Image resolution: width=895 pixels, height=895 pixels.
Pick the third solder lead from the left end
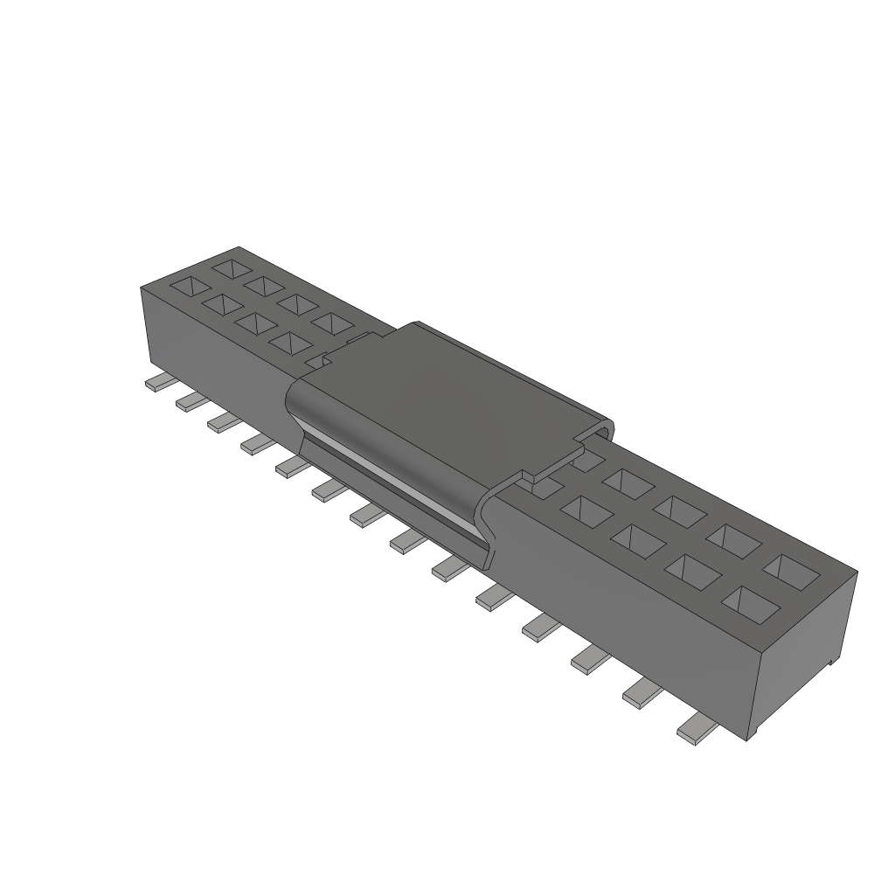click(223, 422)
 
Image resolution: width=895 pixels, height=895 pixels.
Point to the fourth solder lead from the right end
click(543, 624)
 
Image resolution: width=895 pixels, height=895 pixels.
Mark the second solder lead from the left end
click(191, 401)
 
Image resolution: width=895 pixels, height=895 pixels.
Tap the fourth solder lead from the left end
click(256, 444)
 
